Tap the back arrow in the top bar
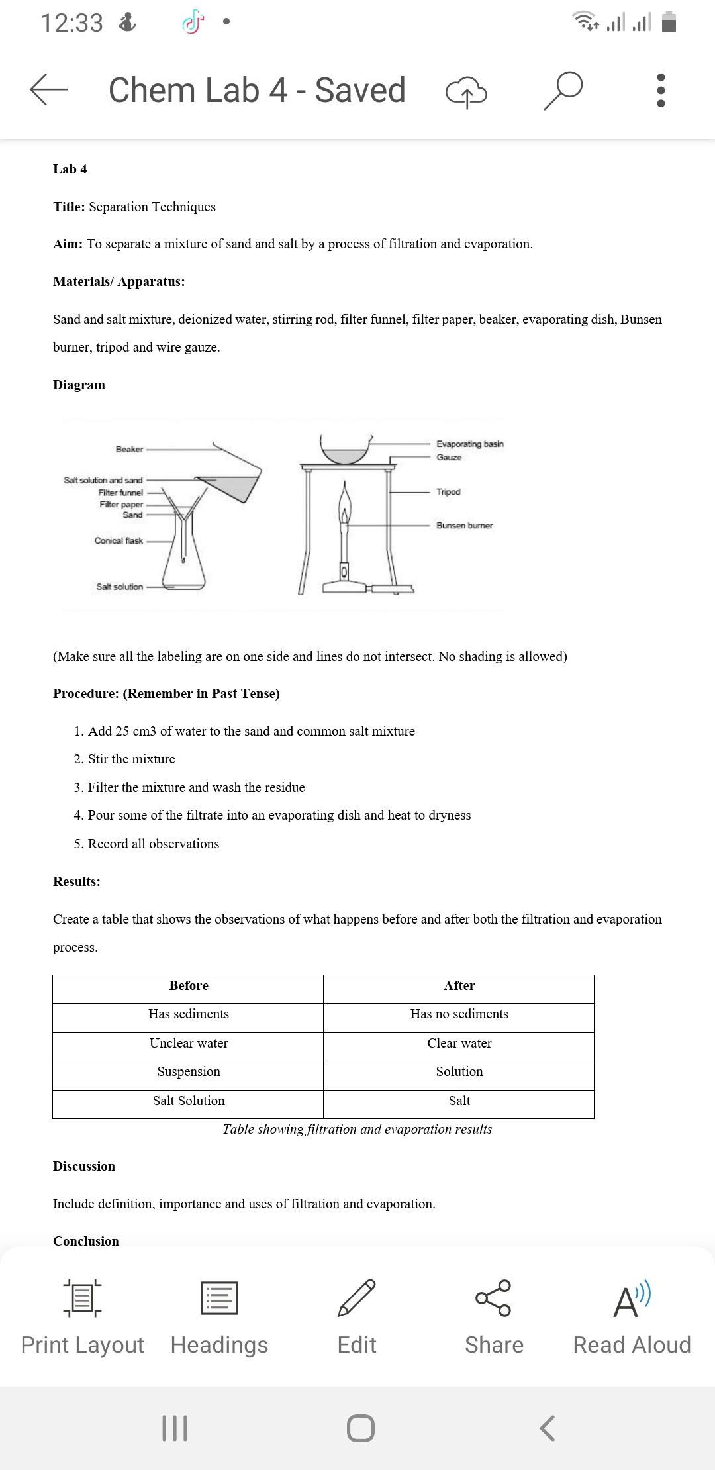[48, 89]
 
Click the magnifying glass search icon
[563, 90]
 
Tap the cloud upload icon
[466, 92]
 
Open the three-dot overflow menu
[659, 90]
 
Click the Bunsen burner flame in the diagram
[344, 503]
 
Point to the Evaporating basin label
[469, 444]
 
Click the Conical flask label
[119, 540]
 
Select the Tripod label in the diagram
[448, 491]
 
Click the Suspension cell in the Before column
[189, 1071]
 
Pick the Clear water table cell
[459, 1043]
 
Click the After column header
[459, 985]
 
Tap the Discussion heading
[84, 1166]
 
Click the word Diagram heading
[79, 385]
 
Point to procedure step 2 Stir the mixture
[131, 759]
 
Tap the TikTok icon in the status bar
[191, 23]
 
